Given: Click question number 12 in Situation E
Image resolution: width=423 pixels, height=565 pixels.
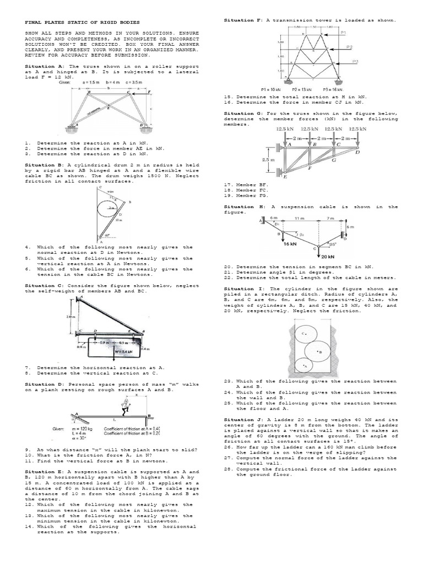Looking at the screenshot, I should click(29, 504).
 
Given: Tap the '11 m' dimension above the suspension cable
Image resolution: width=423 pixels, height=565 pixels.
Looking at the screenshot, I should click(299, 219).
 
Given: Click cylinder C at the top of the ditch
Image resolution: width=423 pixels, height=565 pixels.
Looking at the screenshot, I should click(304, 334).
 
